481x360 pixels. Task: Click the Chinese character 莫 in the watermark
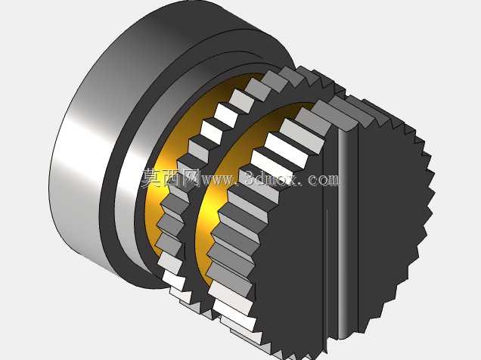click(x=151, y=178)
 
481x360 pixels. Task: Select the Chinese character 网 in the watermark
click(x=191, y=178)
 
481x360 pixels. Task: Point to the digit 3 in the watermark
click(x=251, y=178)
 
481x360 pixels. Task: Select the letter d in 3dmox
click(x=262, y=178)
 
